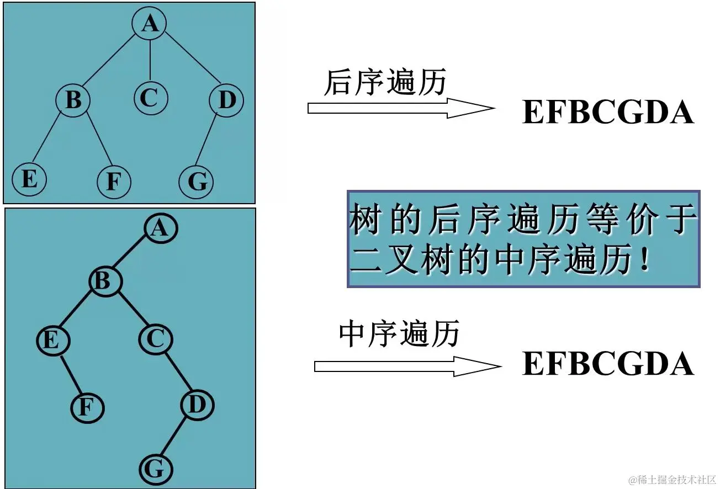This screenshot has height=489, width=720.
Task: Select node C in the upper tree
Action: (x=151, y=99)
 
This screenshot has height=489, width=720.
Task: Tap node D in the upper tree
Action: (x=226, y=101)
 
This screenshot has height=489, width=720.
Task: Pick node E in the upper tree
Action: (x=29, y=179)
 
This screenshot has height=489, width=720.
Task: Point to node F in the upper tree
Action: (x=113, y=182)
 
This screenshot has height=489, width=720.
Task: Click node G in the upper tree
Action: (x=197, y=181)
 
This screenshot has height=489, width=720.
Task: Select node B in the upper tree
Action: (x=73, y=101)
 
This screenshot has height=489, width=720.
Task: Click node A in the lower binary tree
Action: (x=161, y=228)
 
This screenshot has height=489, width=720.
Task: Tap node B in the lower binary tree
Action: (x=105, y=281)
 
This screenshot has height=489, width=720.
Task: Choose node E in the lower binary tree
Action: (x=53, y=341)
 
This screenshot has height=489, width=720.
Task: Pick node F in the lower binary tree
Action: (x=87, y=407)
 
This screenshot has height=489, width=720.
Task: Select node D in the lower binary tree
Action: (x=197, y=406)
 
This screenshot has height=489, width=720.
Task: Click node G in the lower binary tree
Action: (x=155, y=470)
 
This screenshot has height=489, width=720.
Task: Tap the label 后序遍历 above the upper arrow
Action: (x=384, y=83)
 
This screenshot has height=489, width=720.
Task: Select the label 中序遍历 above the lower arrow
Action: (x=399, y=334)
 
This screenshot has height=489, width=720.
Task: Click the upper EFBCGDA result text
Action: (x=607, y=113)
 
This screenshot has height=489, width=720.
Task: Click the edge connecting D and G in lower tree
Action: (x=176, y=438)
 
